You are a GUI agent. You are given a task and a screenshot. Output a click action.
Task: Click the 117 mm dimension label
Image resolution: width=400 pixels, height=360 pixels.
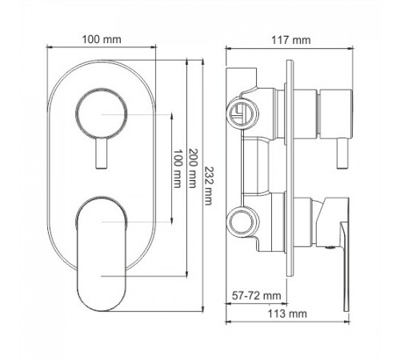click(x=291, y=40)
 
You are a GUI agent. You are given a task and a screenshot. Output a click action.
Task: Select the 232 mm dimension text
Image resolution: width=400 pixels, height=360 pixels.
click(x=208, y=186)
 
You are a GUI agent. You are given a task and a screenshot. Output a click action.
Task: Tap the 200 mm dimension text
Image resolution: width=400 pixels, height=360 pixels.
click(x=193, y=168)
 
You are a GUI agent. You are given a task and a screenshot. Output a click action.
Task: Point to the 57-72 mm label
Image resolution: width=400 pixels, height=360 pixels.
click(x=257, y=296)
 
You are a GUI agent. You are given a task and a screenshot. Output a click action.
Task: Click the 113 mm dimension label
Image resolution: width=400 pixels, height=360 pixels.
click(x=287, y=314)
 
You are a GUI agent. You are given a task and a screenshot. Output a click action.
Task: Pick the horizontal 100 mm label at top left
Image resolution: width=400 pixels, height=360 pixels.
click(x=102, y=39)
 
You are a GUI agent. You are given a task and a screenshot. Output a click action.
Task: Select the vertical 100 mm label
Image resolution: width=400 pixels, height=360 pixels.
click(x=178, y=169)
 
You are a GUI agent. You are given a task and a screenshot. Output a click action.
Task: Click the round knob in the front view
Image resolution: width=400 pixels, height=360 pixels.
click(x=102, y=114)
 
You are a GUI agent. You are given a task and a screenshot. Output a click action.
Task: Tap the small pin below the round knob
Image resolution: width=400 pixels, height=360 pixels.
click(x=102, y=154)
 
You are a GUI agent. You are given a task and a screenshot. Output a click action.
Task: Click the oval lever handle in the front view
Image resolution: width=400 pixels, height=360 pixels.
click(x=101, y=254)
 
